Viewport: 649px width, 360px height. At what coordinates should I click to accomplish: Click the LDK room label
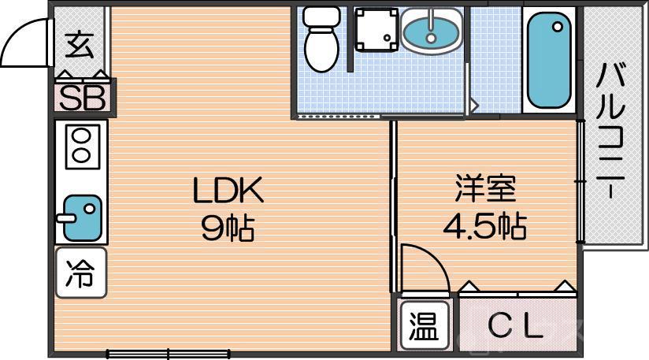(x=227, y=191)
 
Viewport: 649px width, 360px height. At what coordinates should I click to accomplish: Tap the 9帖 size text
(x=227, y=228)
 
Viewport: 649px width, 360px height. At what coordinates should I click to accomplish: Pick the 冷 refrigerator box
(x=80, y=273)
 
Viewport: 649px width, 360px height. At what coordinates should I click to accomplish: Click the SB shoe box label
(x=83, y=98)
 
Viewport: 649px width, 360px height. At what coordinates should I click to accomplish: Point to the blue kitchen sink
(x=82, y=216)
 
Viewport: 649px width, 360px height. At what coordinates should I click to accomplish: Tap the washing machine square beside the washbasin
(x=374, y=30)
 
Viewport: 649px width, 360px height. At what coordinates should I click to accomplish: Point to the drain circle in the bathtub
(x=558, y=27)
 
